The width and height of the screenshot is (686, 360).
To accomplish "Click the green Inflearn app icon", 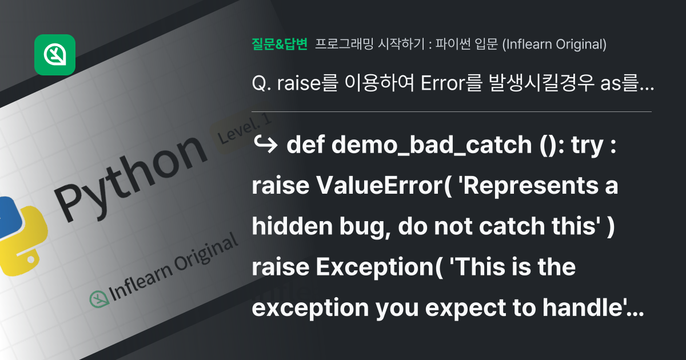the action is pyautogui.click(x=55, y=55).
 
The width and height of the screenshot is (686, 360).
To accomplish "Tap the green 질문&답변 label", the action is pyautogui.click(x=280, y=44).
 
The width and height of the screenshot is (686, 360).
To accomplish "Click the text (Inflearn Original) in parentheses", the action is pyautogui.click(x=555, y=45).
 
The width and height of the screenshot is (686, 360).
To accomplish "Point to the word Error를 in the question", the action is pyautogui.click(x=452, y=83).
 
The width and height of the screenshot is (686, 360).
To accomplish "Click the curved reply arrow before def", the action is pyautogui.click(x=265, y=145).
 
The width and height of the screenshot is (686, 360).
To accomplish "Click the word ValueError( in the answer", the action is pyautogui.click(x=384, y=186).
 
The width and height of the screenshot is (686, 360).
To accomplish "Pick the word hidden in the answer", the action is pyautogui.click(x=292, y=226).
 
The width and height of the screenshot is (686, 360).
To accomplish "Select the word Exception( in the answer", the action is pyautogui.click(x=379, y=267).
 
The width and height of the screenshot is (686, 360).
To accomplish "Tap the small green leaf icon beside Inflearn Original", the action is pyautogui.click(x=99, y=299).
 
